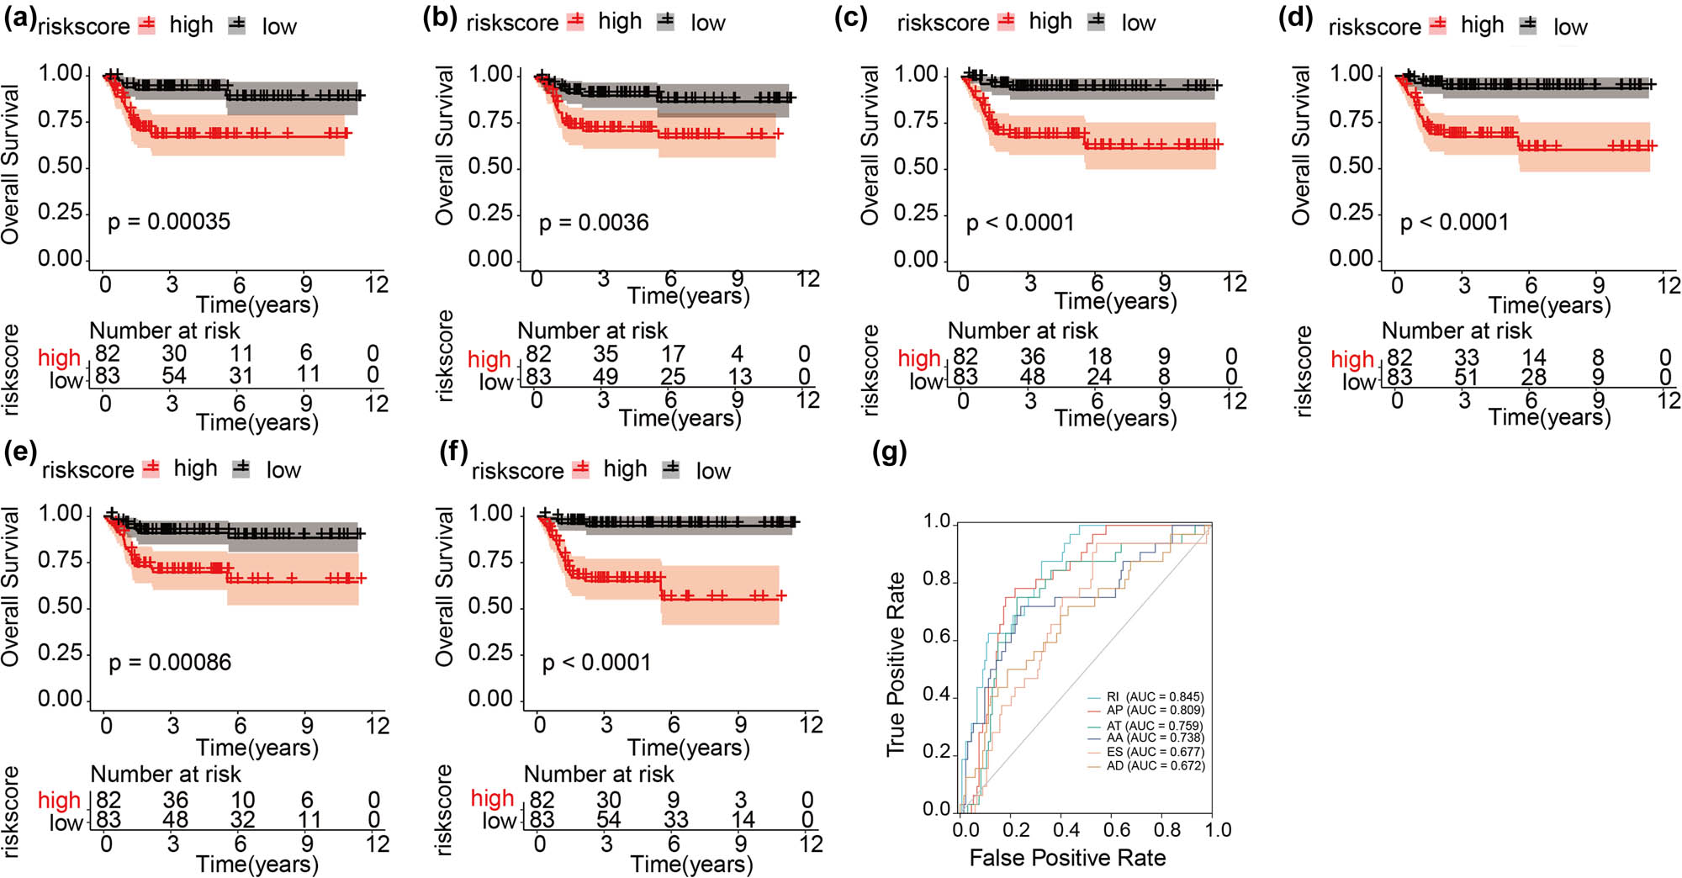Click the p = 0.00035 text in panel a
(x=168, y=222)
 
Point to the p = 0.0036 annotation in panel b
(x=594, y=223)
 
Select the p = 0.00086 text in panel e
(x=170, y=663)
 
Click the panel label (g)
(x=890, y=452)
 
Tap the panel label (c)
(x=850, y=18)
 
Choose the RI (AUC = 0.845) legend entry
(x=1155, y=697)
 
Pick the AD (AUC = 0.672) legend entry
(x=1155, y=766)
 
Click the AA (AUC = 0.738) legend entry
(x=1155, y=738)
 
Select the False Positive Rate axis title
(x=1067, y=858)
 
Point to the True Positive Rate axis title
(x=897, y=664)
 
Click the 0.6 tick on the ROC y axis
(x=937, y=637)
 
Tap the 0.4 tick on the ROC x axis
(x=1066, y=830)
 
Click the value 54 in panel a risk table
(x=174, y=375)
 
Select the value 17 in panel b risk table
(x=673, y=354)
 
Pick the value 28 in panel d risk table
(x=1533, y=378)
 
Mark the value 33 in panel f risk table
(x=675, y=819)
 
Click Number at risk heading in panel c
(x=1023, y=331)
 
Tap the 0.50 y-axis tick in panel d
(x=1351, y=167)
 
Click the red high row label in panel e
(x=59, y=800)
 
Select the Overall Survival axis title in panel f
(x=444, y=587)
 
